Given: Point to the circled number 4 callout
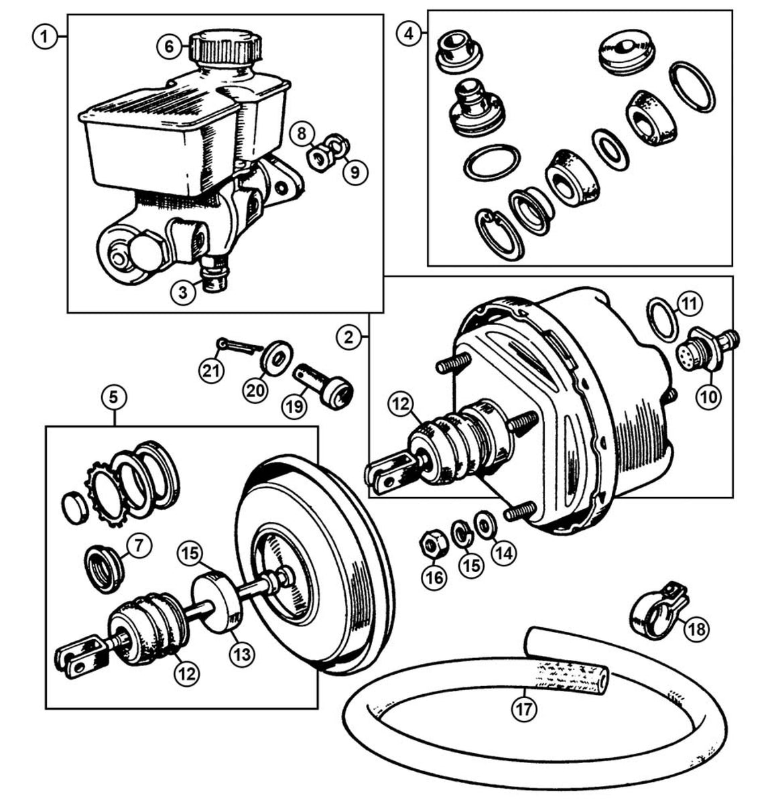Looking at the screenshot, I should [409, 33].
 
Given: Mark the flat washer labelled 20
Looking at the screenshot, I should [275, 355].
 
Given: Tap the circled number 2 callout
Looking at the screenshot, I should [348, 337].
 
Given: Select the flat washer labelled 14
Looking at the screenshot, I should [482, 523].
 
